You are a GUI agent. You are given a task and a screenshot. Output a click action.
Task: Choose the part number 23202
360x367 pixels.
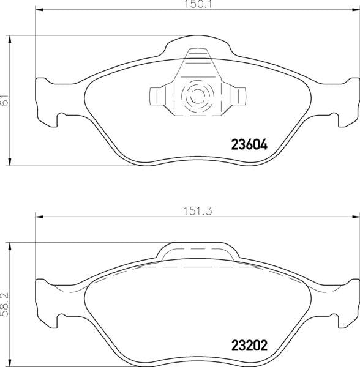(249, 344)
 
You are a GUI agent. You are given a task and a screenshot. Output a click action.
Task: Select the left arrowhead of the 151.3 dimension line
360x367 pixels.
(39, 216)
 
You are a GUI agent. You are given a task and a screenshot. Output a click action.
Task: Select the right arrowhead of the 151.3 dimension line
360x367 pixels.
(356, 216)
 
